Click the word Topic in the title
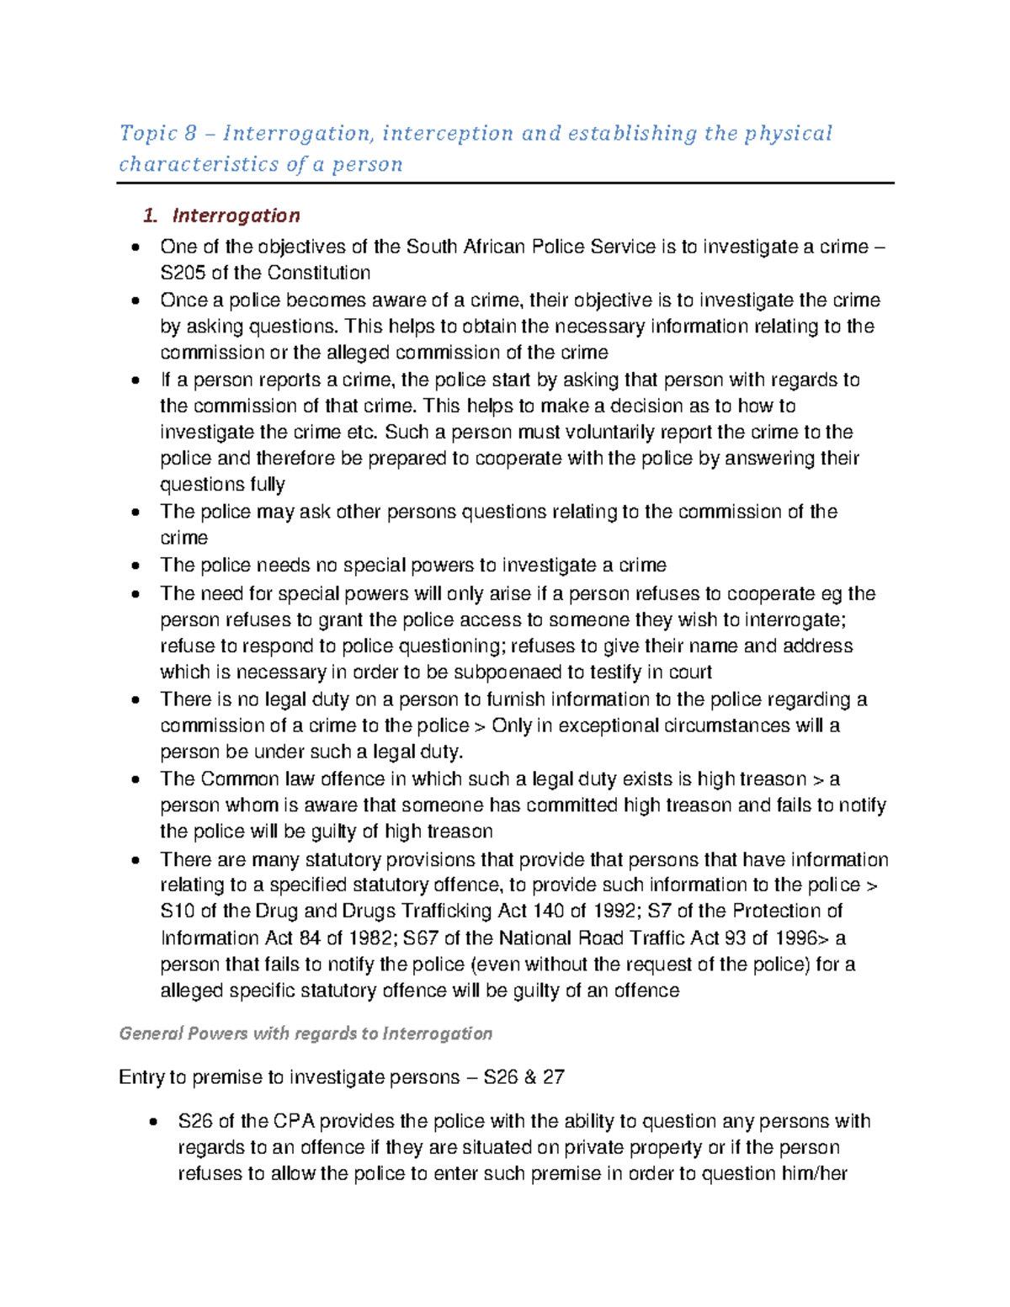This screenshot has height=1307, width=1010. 148,133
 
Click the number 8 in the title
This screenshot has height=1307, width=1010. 190,133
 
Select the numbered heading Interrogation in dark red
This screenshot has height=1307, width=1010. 236,215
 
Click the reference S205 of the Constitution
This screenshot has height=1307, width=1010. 265,273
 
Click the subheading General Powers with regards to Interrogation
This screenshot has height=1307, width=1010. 306,1033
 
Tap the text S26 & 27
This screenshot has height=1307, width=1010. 524,1078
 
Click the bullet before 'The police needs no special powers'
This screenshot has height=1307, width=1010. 135,567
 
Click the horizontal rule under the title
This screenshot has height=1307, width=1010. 505,183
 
